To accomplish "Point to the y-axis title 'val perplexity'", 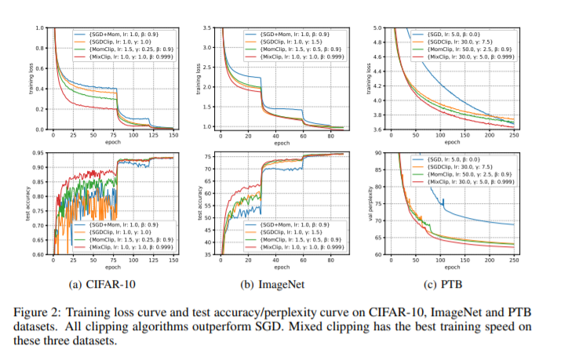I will (380, 202).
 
